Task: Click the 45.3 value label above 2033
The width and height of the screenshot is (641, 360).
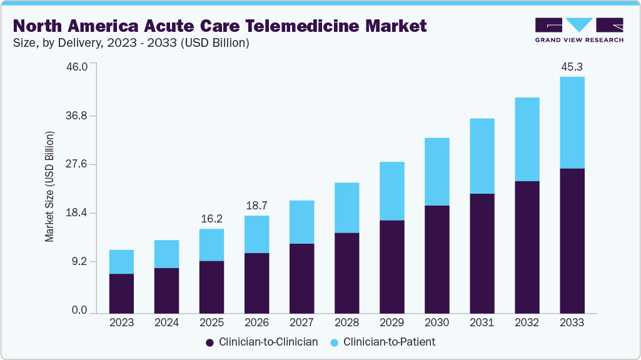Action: point(572,67)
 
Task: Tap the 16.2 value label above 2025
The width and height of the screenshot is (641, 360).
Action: point(211,219)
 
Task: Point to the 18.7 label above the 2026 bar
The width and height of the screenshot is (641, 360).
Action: point(256,206)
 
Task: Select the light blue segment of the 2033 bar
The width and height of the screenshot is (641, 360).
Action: point(572,122)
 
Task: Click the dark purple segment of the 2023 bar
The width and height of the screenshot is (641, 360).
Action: point(121,293)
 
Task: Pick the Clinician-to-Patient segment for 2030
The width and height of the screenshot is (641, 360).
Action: point(437,171)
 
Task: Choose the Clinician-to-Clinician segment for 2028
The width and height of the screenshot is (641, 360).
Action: point(346,272)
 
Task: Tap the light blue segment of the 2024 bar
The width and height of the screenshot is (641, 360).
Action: point(166,254)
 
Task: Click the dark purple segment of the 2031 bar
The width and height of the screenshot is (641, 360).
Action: point(482,253)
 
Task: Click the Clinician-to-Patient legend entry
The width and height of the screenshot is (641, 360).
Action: point(382,342)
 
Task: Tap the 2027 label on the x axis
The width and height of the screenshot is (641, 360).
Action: point(301,323)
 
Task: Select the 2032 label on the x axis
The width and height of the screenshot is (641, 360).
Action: point(527,323)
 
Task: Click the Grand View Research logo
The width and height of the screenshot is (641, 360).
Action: point(579,29)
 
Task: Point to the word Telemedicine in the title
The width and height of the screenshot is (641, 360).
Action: point(297,26)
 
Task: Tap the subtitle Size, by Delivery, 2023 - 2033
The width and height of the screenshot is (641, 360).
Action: point(131,43)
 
